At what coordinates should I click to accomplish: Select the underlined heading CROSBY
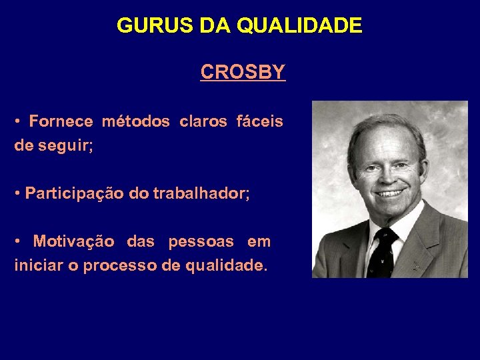click(x=243, y=72)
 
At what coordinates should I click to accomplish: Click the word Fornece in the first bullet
click(x=61, y=122)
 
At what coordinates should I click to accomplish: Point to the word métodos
click(x=135, y=122)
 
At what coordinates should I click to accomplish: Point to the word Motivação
click(x=73, y=241)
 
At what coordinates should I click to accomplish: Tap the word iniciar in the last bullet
click(x=37, y=265)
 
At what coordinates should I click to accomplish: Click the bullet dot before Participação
click(x=18, y=193)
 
